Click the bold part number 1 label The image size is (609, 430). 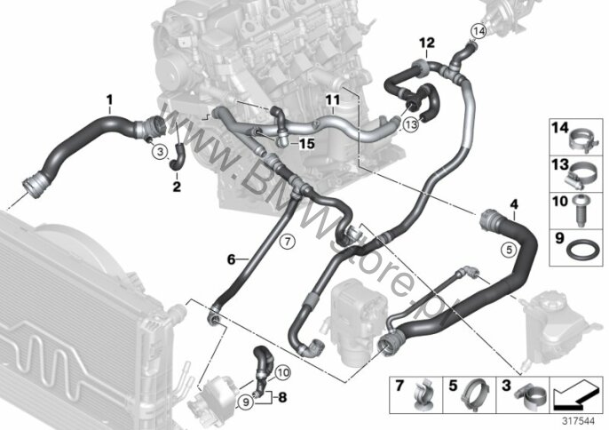pos(110,100)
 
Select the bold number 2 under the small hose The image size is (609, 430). pos(177,187)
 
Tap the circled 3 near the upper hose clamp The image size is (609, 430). pos(160,151)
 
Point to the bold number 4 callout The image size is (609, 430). pos(514,203)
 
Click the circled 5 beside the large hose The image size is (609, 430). pos(510,250)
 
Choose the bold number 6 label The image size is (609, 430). pos(231,259)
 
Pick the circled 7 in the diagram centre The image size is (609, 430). pos(288,242)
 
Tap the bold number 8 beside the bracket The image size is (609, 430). pos(282,397)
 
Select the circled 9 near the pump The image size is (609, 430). pos(245,402)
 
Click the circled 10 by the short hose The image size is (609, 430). pos(282,373)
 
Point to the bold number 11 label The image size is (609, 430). pos(332,100)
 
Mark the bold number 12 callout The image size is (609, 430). pos(427,43)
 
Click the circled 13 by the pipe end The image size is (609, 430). pos(411,124)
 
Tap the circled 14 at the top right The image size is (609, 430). pos(478,31)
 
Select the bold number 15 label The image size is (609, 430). pos(306,144)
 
